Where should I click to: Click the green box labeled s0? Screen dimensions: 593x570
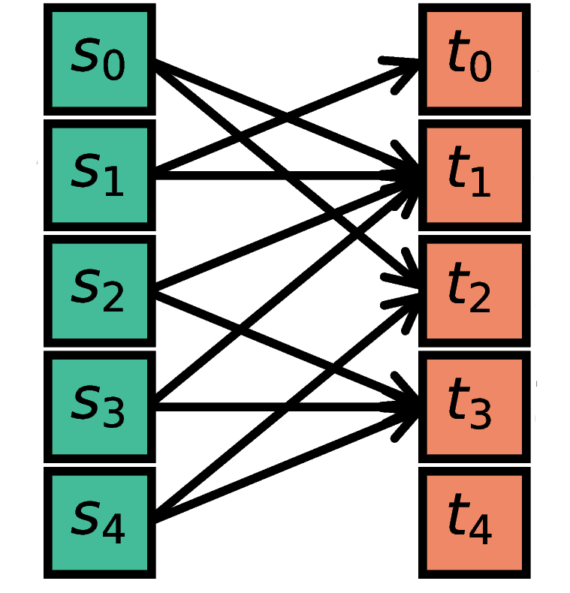pyautogui.click(x=100, y=59)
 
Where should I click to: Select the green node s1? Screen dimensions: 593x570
pyautogui.click(x=100, y=174)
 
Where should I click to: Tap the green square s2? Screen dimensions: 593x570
pyautogui.click(x=100, y=290)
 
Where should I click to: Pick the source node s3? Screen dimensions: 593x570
pyautogui.click(x=100, y=406)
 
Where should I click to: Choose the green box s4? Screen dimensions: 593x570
pyautogui.click(x=100, y=522)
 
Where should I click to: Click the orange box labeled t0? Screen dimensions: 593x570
pyautogui.click(x=473, y=59)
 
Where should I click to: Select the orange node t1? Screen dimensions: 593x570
pyautogui.click(x=473, y=174)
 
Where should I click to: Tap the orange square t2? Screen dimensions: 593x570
pyautogui.click(x=473, y=290)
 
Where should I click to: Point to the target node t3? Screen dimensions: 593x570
pyautogui.click(x=473, y=406)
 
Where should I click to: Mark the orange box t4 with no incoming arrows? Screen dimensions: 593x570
pyautogui.click(x=473, y=522)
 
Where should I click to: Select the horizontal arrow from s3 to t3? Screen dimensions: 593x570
pyautogui.click(x=225, y=404)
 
